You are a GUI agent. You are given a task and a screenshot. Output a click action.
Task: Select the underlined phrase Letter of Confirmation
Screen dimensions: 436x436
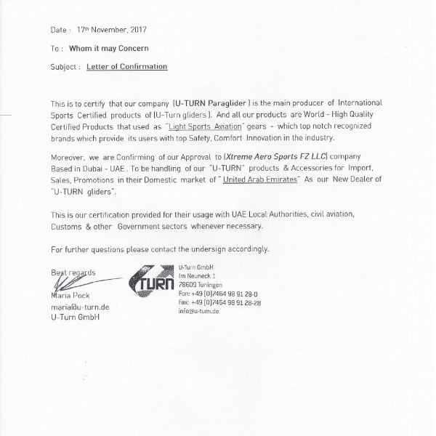[126, 66]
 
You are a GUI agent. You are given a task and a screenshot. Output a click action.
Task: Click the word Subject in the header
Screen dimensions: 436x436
[63, 66]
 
